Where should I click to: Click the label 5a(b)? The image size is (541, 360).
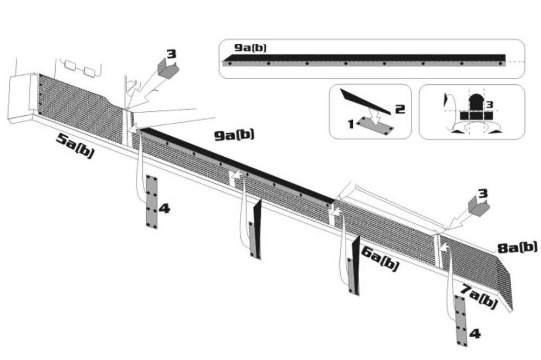[x=75, y=146]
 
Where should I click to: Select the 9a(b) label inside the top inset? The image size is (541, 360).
[x=249, y=48]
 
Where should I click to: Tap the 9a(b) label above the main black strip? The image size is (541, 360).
[x=234, y=135]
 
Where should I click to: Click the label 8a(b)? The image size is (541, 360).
[x=516, y=248]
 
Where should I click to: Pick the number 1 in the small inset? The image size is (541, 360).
[x=351, y=124]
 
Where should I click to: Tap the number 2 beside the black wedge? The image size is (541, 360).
[x=400, y=109]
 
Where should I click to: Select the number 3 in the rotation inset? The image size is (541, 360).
[x=489, y=104]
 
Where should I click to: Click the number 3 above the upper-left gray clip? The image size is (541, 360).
[x=171, y=54]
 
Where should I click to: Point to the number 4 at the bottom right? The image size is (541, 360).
[x=474, y=334]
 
